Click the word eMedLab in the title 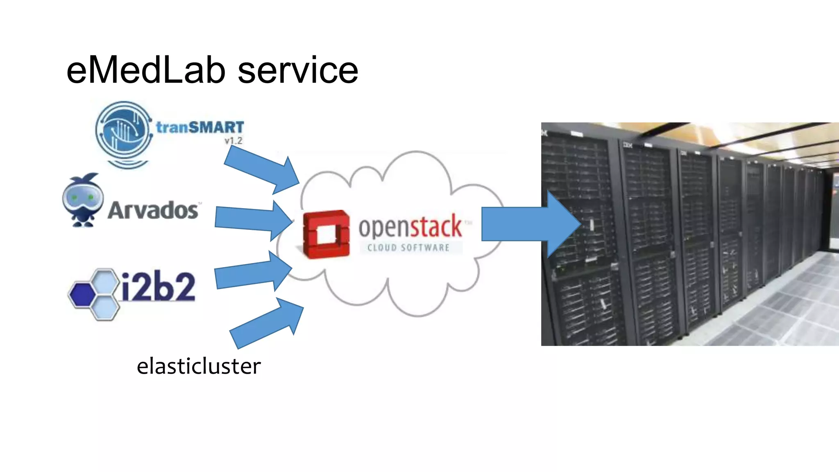pyautogui.click(x=146, y=70)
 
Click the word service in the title pyautogui.click(x=298, y=70)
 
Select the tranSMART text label pyautogui.click(x=200, y=127)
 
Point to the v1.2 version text pyautogui.click(x=233, y=141)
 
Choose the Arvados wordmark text pyautogui.click(x=153, y=210)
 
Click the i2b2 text pyautogui.click(x=158, y=286)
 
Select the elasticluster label pyautogui.click(x=199, y=366)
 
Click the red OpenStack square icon pyautogui.click(x=327, y=234)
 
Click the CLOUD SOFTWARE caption pyautogui.click(x=408, y=247)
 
